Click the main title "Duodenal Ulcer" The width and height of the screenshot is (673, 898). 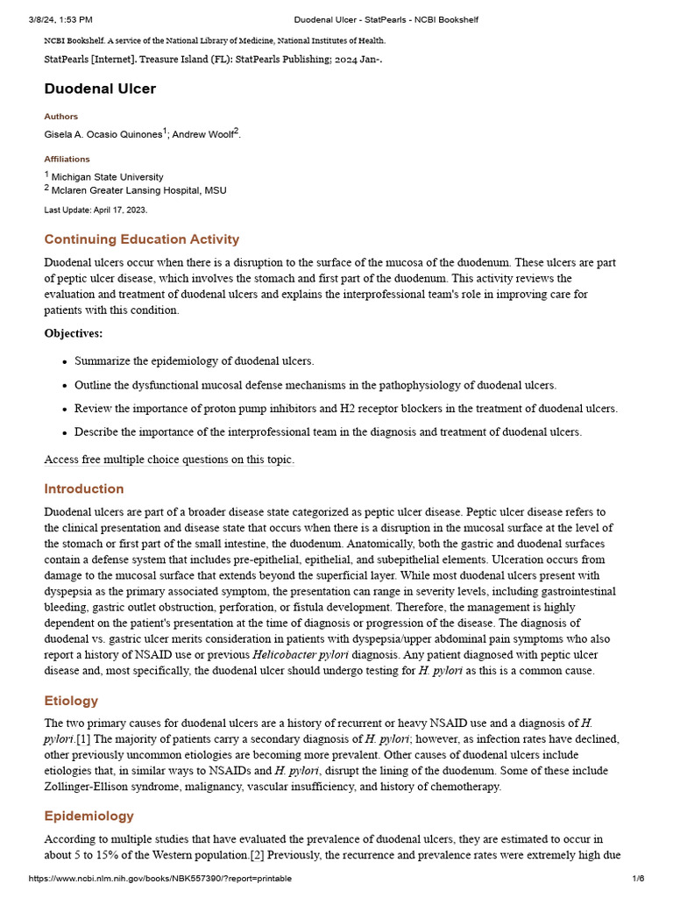(x=100, y=89)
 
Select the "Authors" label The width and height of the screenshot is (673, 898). (x=60, y=117)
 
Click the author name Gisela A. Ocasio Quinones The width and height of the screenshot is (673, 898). (x=103, y=134)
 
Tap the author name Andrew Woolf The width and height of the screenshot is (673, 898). (x=202, y=134)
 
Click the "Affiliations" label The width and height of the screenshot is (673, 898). (x=67, y=160)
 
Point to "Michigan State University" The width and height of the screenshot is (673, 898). (x=107, y=177)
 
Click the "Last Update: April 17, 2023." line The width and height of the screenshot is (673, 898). (x=96, y=210)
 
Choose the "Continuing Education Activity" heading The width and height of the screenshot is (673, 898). (x=141, y=239)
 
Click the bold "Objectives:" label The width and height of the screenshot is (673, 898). (x=73, y=333)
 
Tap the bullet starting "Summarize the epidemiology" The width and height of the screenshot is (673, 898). (x=194, y=360)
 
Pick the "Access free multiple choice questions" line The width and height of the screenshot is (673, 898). (x=169, y=460)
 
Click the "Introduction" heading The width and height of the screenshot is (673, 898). (x=84, y=488)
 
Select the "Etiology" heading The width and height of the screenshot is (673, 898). (x=71, y=701)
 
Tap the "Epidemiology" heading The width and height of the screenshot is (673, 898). (x=89, y=816)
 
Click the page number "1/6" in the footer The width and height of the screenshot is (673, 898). (x=638, y=879)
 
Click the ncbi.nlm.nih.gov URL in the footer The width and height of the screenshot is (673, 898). (x=159, y=879)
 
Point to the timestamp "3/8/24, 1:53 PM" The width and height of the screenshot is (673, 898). (x=61, y=19)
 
